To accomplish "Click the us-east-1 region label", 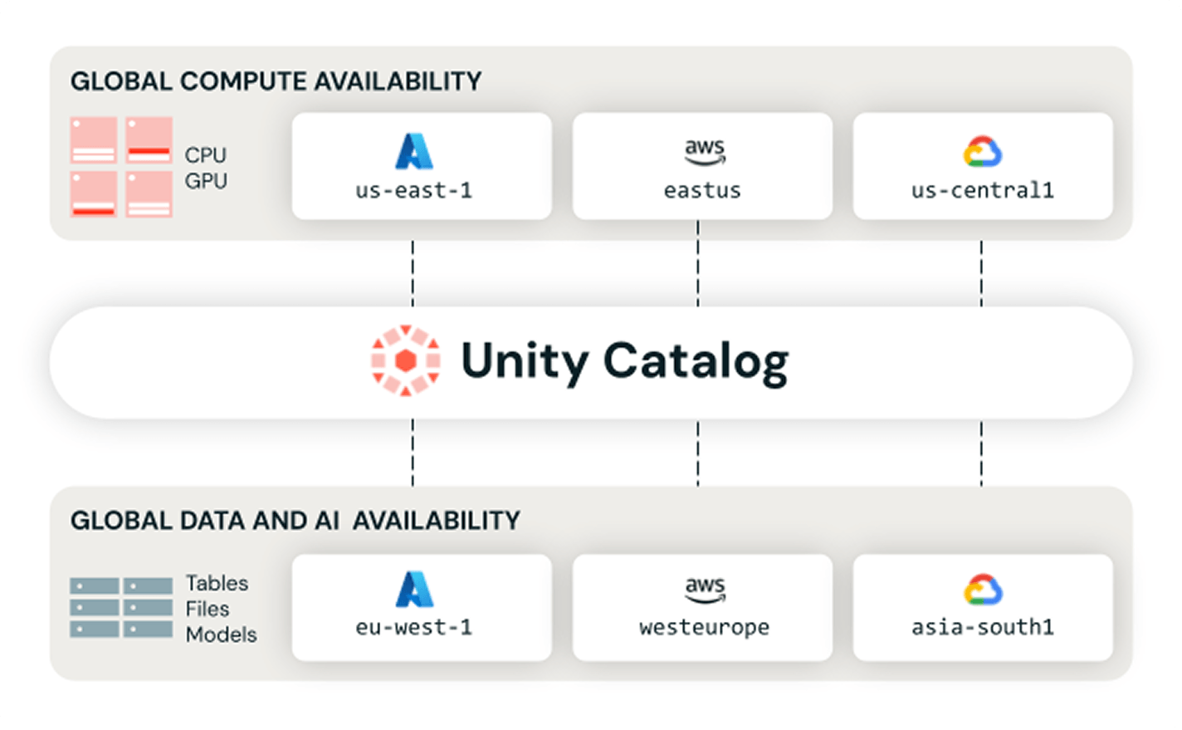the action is pyautogui.click(x=413, y=190).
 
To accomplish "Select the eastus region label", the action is pyautogui.click(x=702, y=190).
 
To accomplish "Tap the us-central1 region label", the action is pyautogui.click(x=983, y=190).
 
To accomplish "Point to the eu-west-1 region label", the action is pyautogui.click(x=413, y=628).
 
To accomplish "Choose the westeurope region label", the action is pyautogui.click(x=705, y=628).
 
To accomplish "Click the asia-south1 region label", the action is pyautogui.click(x=983, y=628).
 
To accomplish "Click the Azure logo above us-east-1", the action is pyautogui.click(x=414, y=151).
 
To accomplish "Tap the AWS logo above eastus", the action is pyautogui.click(x=705, y=152).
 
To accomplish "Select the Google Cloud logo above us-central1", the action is pyautogui.click(x=983, y=152).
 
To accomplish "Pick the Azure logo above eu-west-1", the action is pyautogui.click(x=415, y=589).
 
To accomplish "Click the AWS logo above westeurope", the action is pyautogui.click(x=705, y=590).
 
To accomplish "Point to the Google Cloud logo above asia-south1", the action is pyautogui.click(x=983, y=589).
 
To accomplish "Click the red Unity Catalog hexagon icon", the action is pyautogui.click(x=406, y=360).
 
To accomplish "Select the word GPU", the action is pyautogui.click(x=206, y=181).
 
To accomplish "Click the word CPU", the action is pyautogui.click(x=205, y=155).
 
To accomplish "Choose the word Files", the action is pyautogui.click(x=208, y=609).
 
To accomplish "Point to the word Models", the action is pyautogui.click(x=221, y=634).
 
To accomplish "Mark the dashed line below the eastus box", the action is pyautogui.click(x=698, y=263).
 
